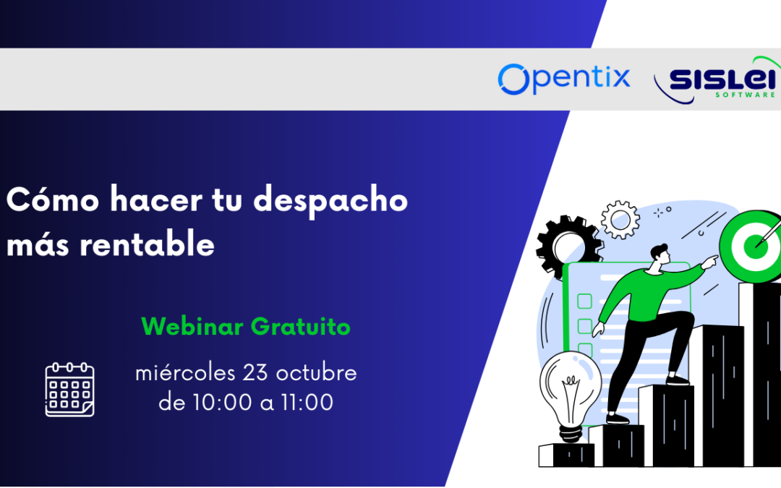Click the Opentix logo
pyautogui.click(x=564, y=78)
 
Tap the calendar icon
pyautogui.click(x=70, y=390)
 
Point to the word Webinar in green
pyautogui.click(x=192, y=327)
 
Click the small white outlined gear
pyautogui.click(x=620, y=219)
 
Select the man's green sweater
pyautogui.click(x=640, y=293)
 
